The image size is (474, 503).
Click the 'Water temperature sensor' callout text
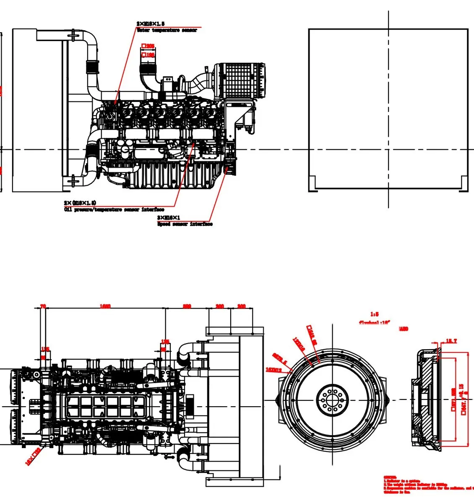point(167,31)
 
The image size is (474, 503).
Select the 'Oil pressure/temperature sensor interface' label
point(114,210)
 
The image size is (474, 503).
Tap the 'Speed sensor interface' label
point(185,224)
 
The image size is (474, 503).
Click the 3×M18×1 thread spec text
point(169,218)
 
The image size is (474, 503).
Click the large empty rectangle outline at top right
point(388,110)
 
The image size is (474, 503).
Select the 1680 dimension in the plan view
point(105,306)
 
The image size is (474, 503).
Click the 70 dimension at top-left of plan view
point(43,306)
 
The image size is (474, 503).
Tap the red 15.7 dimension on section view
point(451,341)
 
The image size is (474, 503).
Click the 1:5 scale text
point(375,314)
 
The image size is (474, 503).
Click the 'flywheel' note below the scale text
point(374,323)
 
